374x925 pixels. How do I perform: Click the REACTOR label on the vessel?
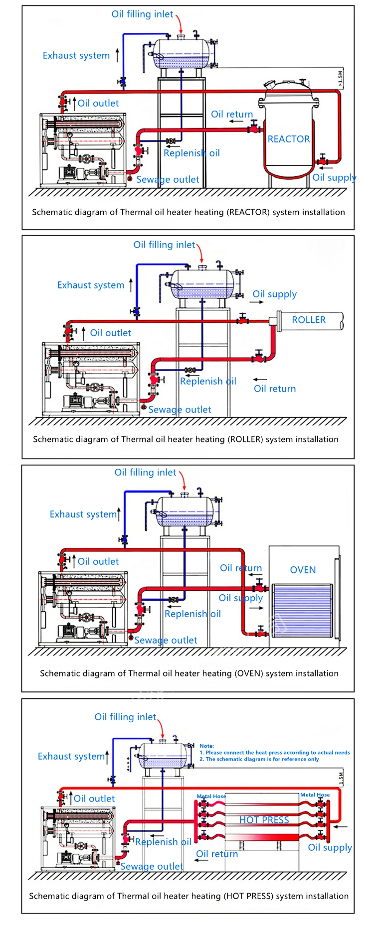coord(289,139)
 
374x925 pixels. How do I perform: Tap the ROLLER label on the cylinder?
coord(309,320)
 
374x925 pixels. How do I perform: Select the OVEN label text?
coord(303,570)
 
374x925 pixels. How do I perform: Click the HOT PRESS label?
coord(264,820)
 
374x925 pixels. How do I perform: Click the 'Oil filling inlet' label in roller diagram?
coord(164,245)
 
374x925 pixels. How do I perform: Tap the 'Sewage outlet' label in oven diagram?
coord(166,640)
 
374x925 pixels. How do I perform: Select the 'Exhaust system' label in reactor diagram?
coord(76,55)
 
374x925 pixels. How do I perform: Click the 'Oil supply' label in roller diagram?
coord(274,294)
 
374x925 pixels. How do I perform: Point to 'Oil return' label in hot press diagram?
coord(217,854)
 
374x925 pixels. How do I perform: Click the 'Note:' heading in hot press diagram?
coord(206,746)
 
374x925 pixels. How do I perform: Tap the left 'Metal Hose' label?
coord(211,796)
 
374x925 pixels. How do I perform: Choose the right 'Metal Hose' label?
coord(315,794)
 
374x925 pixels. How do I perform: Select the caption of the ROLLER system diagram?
coord(186,439)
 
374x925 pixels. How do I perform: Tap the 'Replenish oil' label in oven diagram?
coord(192,614)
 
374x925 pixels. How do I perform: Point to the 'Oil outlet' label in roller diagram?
coord(110,333)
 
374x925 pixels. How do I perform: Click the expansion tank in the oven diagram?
coord(185,512)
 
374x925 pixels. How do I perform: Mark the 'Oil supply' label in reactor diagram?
coord(334,177)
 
